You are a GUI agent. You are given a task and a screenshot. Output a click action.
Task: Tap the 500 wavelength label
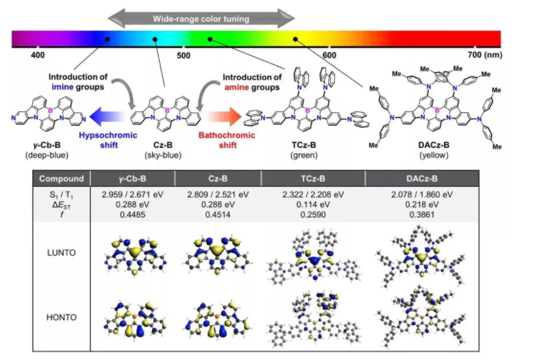[183, 55]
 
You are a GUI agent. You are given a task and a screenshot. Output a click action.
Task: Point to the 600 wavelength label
[329, 55]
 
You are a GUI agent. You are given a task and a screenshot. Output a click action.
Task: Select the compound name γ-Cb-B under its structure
[45, 144]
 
